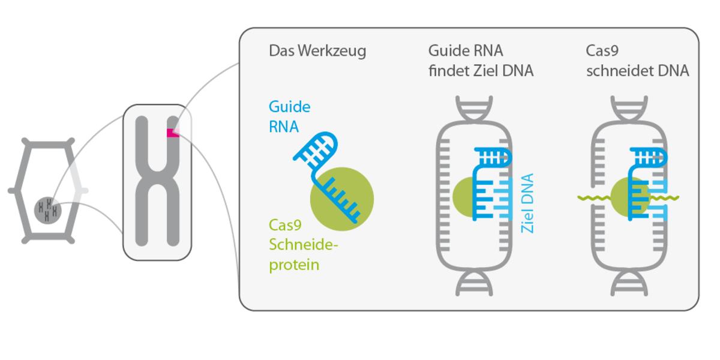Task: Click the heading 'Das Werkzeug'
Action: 317,51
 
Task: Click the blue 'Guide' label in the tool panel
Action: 289,107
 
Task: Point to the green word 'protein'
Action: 293,264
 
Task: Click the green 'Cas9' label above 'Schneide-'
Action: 285,226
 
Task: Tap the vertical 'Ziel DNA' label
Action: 527,204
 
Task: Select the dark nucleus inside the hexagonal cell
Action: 47,209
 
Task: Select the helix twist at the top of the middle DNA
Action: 474,109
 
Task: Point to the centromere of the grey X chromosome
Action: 157,179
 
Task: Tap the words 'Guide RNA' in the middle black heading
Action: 465,51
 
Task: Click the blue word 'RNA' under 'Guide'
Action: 284,127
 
